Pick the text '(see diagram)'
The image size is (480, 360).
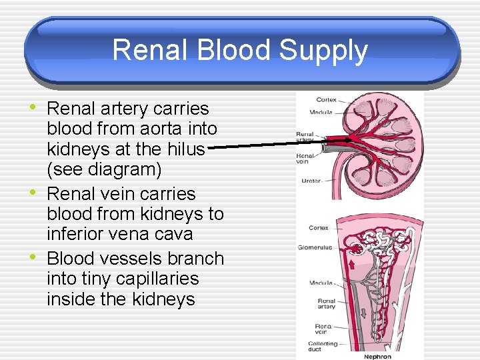pos(104,170)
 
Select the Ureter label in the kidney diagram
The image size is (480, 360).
pos(311,181)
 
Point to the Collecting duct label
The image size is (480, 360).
pos(323,347)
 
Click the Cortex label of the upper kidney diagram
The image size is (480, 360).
pos(326,100)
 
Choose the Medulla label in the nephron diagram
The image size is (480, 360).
pos(321,283)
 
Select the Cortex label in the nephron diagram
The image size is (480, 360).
pos(319,228)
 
